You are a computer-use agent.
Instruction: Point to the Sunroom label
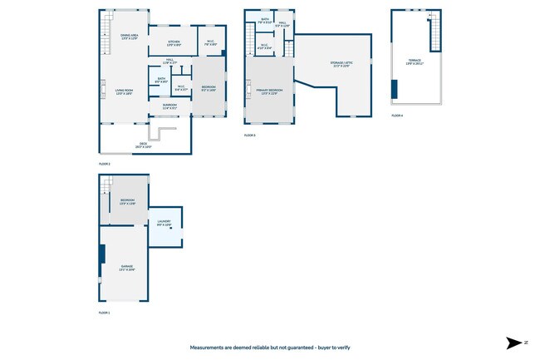[x=169, y=106]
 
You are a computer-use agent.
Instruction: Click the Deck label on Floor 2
[x=145, y=145]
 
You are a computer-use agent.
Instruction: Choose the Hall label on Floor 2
[x=169, y=61]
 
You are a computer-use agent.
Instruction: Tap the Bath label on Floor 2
[x=161, y=80]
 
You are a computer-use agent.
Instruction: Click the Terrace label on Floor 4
[x=414, y=62]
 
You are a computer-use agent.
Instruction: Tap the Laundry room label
[x=164, y=223]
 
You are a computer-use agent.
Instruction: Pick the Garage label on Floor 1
[x=126, y=268]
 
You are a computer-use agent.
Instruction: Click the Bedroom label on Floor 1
[x=127, y=202]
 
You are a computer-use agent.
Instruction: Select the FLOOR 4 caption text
[x=397, y=116]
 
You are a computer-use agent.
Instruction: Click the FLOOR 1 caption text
[x=105, y=313]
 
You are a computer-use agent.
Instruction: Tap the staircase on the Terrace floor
[x=432, y=33]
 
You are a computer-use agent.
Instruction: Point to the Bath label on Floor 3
[x=264, y=20]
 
